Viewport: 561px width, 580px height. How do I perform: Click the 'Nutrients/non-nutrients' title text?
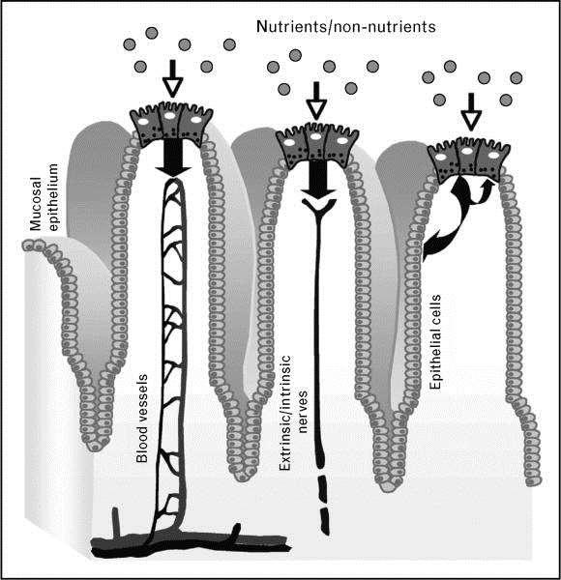(345, 27)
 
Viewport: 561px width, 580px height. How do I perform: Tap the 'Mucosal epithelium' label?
(44, 197)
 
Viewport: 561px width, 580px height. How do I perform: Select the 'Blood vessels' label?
(142, 419)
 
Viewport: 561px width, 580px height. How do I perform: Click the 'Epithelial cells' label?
(435, 342)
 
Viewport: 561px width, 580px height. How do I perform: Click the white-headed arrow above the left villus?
(172, 78)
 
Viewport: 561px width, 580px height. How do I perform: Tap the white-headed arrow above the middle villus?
(316, 99)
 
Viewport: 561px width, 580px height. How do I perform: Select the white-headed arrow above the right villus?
(471, 111)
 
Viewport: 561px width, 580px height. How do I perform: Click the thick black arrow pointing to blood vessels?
(173, 159)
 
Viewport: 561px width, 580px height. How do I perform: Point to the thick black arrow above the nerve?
(318, 178)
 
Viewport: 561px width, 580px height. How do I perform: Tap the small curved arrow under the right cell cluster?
(485, 191)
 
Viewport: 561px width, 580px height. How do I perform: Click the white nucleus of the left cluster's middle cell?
(170, 116)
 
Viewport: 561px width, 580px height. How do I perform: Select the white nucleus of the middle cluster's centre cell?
(315, 136)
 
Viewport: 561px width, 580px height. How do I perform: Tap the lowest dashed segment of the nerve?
(325, 522)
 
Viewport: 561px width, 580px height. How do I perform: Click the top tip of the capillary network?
(174, 181)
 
